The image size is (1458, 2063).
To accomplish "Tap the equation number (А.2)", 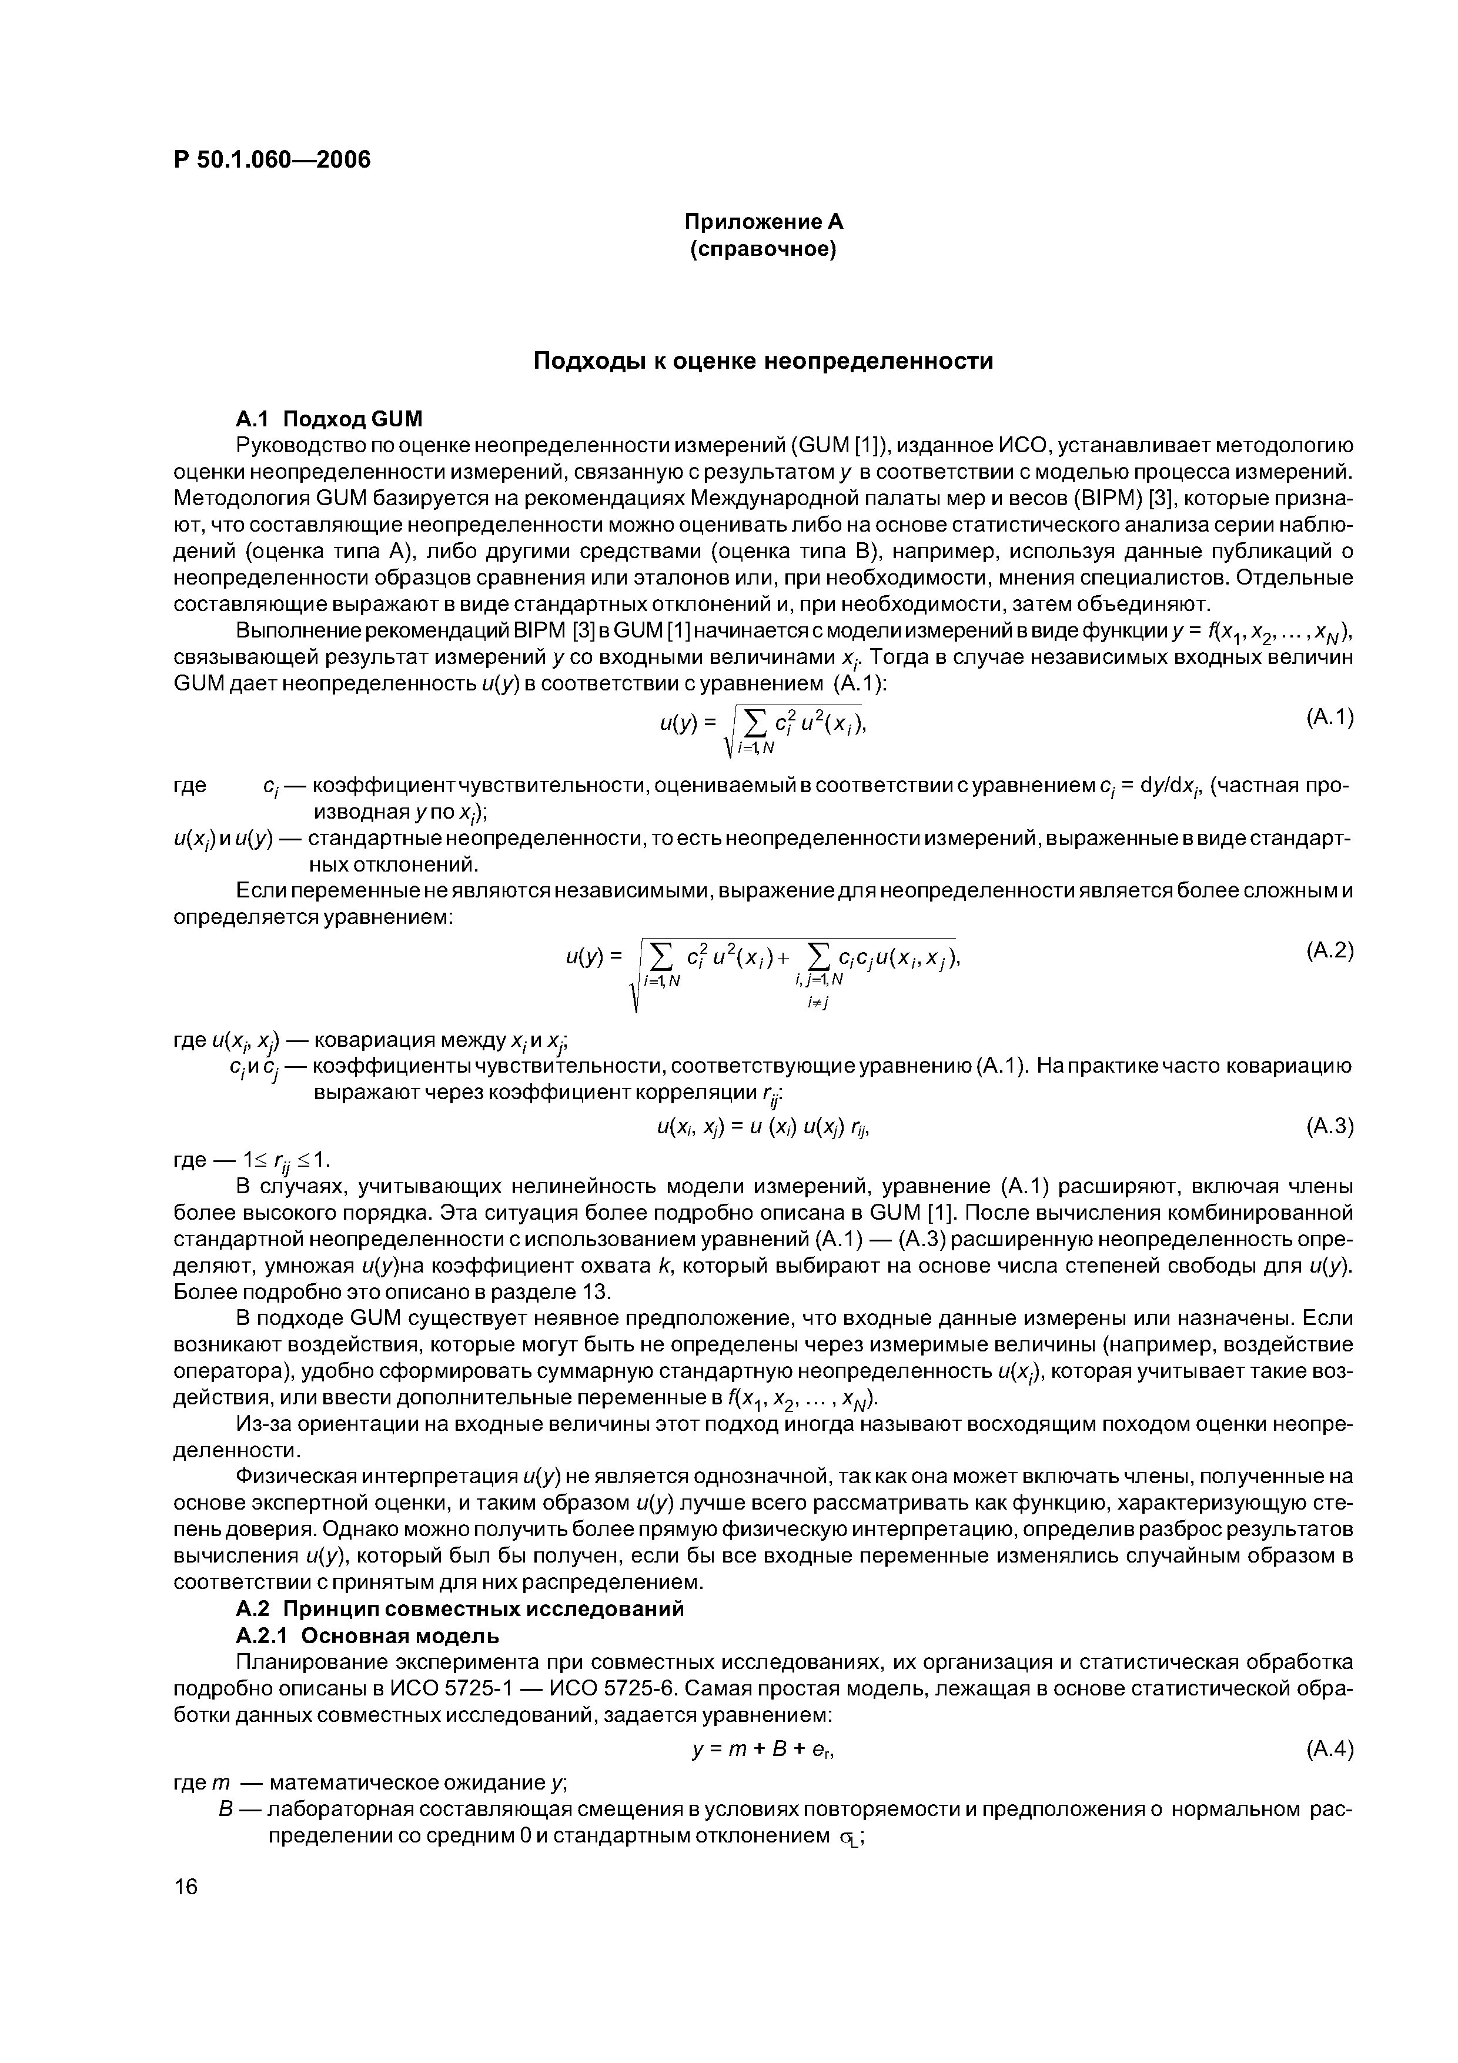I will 1327,950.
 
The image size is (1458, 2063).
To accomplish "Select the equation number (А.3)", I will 1327,1126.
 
